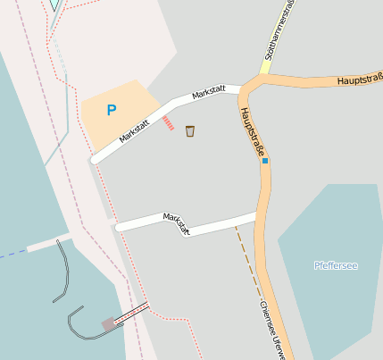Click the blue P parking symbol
point(112,110)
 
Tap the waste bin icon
point(190,131)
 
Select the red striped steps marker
point(169,123)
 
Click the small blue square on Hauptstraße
point(265,161)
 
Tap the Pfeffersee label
point(336,265)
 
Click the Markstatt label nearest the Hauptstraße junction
point(207,92)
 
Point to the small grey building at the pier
point(109,322)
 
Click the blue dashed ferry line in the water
point(12,255)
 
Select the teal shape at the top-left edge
point(55,4)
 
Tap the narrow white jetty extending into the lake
point(49,241)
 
